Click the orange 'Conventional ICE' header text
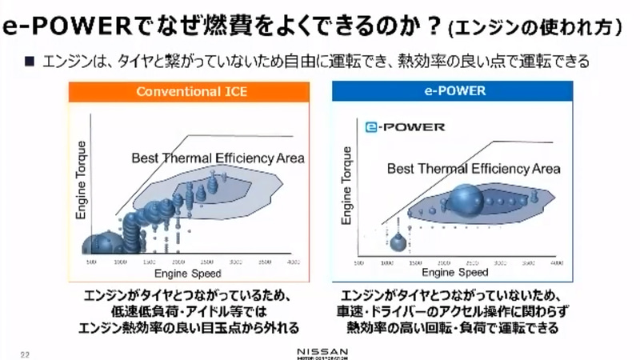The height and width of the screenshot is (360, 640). [x=191, y=91]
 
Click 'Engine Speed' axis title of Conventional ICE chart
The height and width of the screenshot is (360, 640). [x=193, y=274]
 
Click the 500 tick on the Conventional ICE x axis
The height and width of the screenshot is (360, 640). [x=91, y=262]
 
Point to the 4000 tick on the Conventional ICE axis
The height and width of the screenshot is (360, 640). [x=294, y=262]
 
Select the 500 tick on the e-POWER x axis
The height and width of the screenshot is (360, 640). [x=363, y=262]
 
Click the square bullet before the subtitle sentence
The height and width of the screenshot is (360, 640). [x=29, y=60]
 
